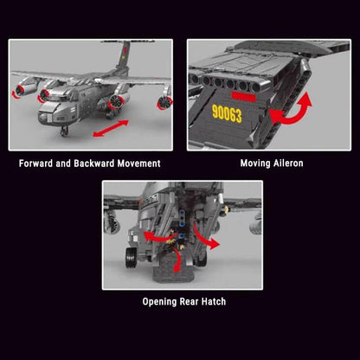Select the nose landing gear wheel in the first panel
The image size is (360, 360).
[x=66, y=131]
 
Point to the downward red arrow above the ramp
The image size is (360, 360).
[x=178, y=258]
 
